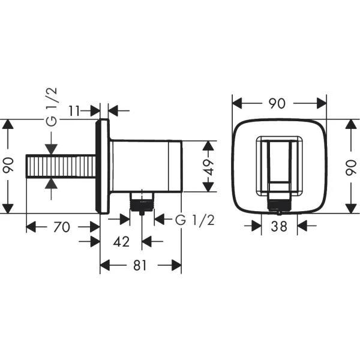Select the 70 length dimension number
pyautogui.click(x=62, y=227)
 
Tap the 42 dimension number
pyautogui.click(x=122, y=242)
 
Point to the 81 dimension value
pyautogui.click(x=140, y=265)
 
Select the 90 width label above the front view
pyautogui.click(x=277, y=103)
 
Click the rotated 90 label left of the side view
pyautogui.click(x=8, y=166)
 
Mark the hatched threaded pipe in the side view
pyautogui.click(x=61, y=166)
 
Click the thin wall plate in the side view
pyautogui.click(x=103, y=166)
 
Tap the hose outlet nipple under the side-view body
pyautogui.click(x=142, y=202)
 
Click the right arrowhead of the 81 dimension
pyautogui.click(x=178, y=265)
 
